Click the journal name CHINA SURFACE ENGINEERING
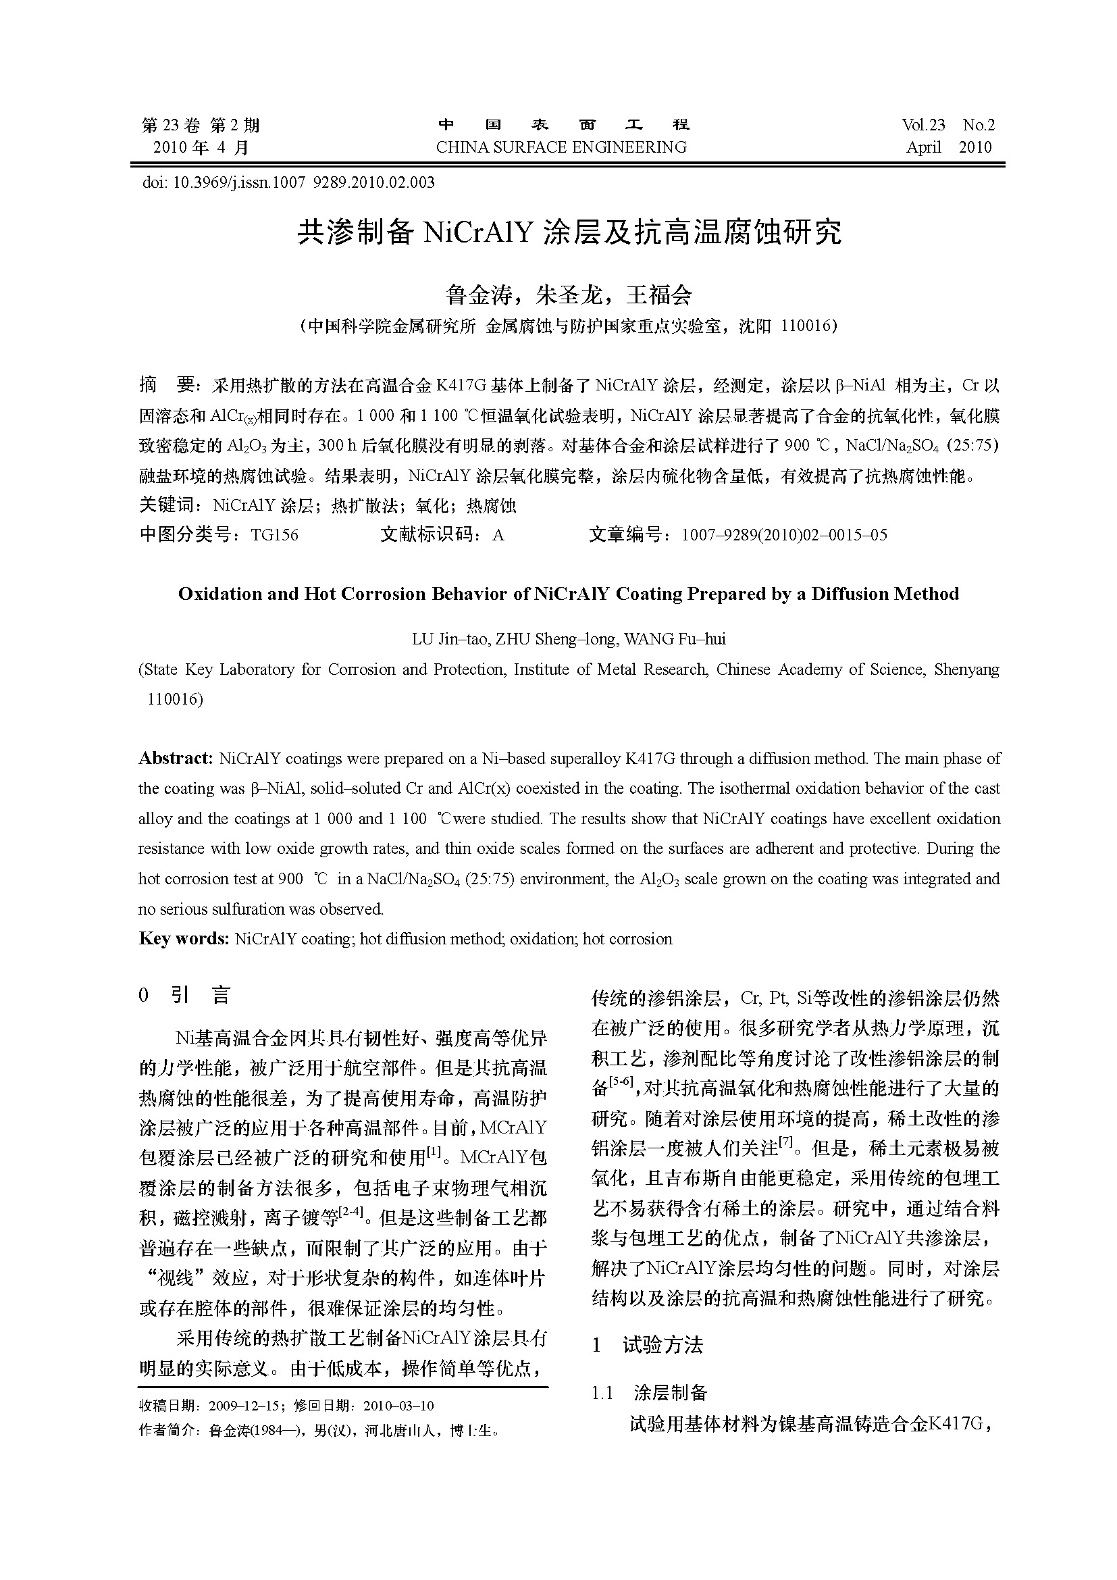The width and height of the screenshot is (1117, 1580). click(x=561, y=147)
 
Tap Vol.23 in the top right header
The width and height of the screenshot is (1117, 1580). click(x=923, y=124)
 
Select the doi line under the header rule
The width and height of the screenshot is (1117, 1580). click(x=288, y=182)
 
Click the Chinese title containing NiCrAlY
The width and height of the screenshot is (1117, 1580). click(x=569, y=232)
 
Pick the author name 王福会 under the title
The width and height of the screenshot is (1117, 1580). click(x=659, y=295)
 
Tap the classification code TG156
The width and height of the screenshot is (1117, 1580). click(x=274, y=535)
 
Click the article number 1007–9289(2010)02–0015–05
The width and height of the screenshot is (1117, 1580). click(x=784, y=535)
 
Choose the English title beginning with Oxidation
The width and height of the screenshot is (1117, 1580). click(x=568, y=594)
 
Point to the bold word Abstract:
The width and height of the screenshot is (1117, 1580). click(x=176, y=759)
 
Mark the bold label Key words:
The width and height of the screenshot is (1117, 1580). click(x=183, y=939)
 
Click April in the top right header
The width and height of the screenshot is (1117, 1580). click(x=923, y=147)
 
